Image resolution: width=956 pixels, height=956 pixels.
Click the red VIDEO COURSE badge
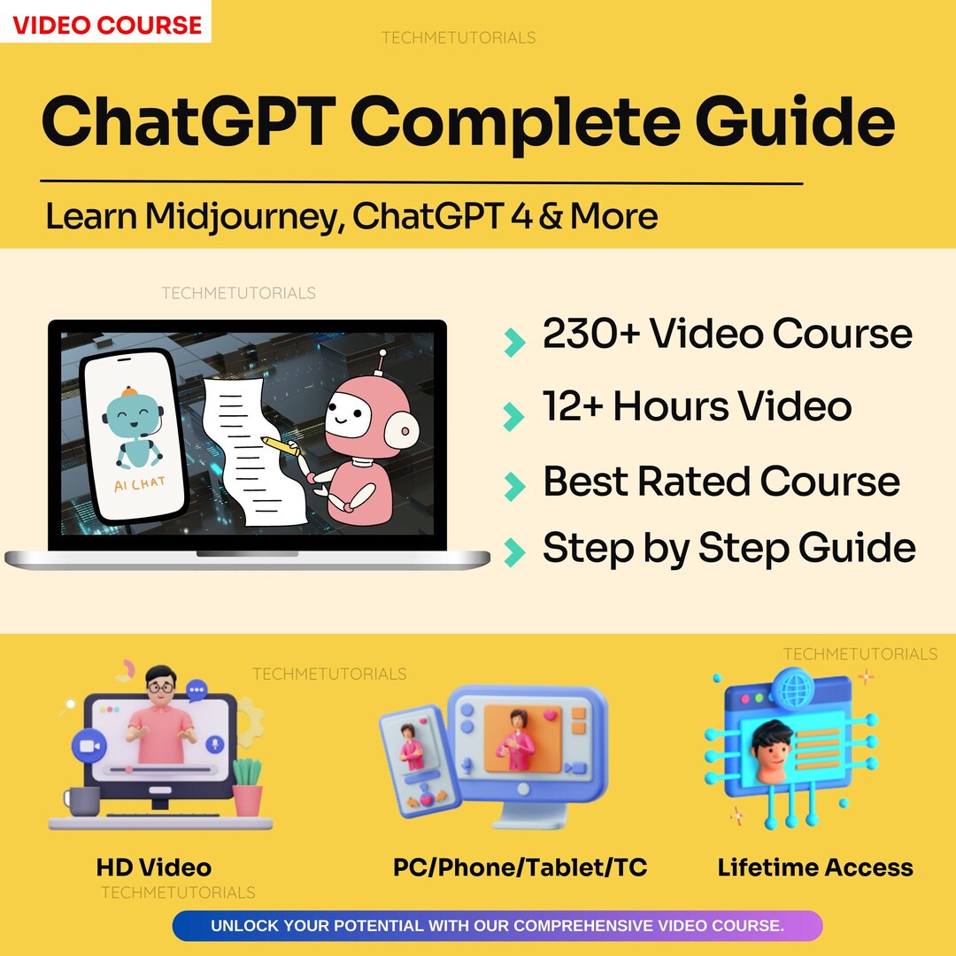(x=106, y=25)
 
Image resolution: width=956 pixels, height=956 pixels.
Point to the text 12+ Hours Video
(x=698, y=406)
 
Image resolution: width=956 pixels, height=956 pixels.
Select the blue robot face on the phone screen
(x=133, y=416)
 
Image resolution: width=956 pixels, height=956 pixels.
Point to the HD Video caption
(x=153, y=867)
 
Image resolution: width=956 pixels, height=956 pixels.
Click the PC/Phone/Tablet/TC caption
(x=520, y=867)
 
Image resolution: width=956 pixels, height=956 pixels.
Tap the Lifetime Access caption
(x=815, y=867)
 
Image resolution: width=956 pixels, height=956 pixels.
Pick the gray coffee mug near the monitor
(x=82, y=802)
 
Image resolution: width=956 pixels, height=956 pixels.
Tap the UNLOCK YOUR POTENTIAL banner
(x=497, y=926)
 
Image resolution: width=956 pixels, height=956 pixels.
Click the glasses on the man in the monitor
(x=160, y=685)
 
